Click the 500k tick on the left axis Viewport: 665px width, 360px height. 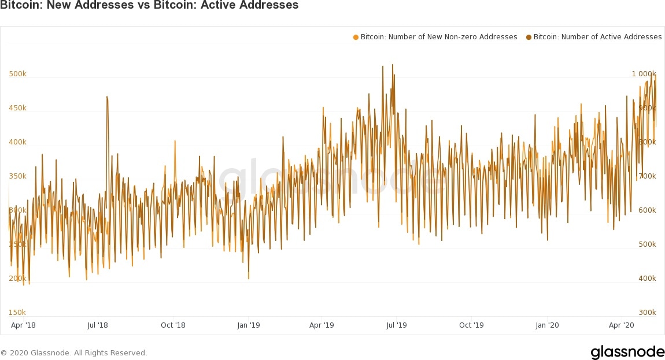[17, 74]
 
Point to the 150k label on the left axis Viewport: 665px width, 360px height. [17, 313]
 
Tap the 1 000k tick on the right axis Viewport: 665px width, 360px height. [644, 74]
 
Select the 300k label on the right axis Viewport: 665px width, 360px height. [646, 313]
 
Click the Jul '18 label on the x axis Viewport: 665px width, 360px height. [98, 325]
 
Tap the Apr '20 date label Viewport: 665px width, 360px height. [622, 325]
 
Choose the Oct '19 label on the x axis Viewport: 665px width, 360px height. [471, 325]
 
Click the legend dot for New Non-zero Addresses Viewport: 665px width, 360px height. [356, 38]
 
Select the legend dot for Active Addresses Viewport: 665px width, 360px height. [529, 38]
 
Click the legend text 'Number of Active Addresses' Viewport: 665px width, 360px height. [597, 37]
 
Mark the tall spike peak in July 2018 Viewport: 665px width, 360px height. [107, 97]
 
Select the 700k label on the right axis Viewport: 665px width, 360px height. [646, 176]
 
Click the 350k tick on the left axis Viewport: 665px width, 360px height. [17, 176]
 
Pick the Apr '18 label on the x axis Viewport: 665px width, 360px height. [23, 325]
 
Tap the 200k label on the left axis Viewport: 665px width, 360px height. [17, 279]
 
